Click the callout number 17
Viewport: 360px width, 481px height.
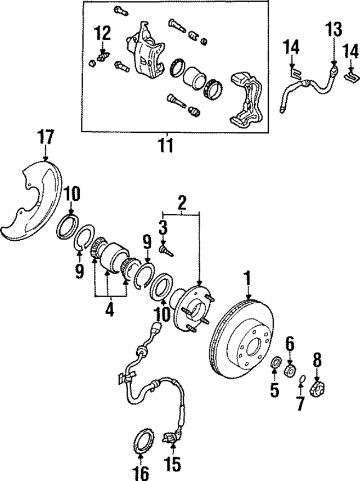click(46, 137)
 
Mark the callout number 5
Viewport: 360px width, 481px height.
click(274, 389)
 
